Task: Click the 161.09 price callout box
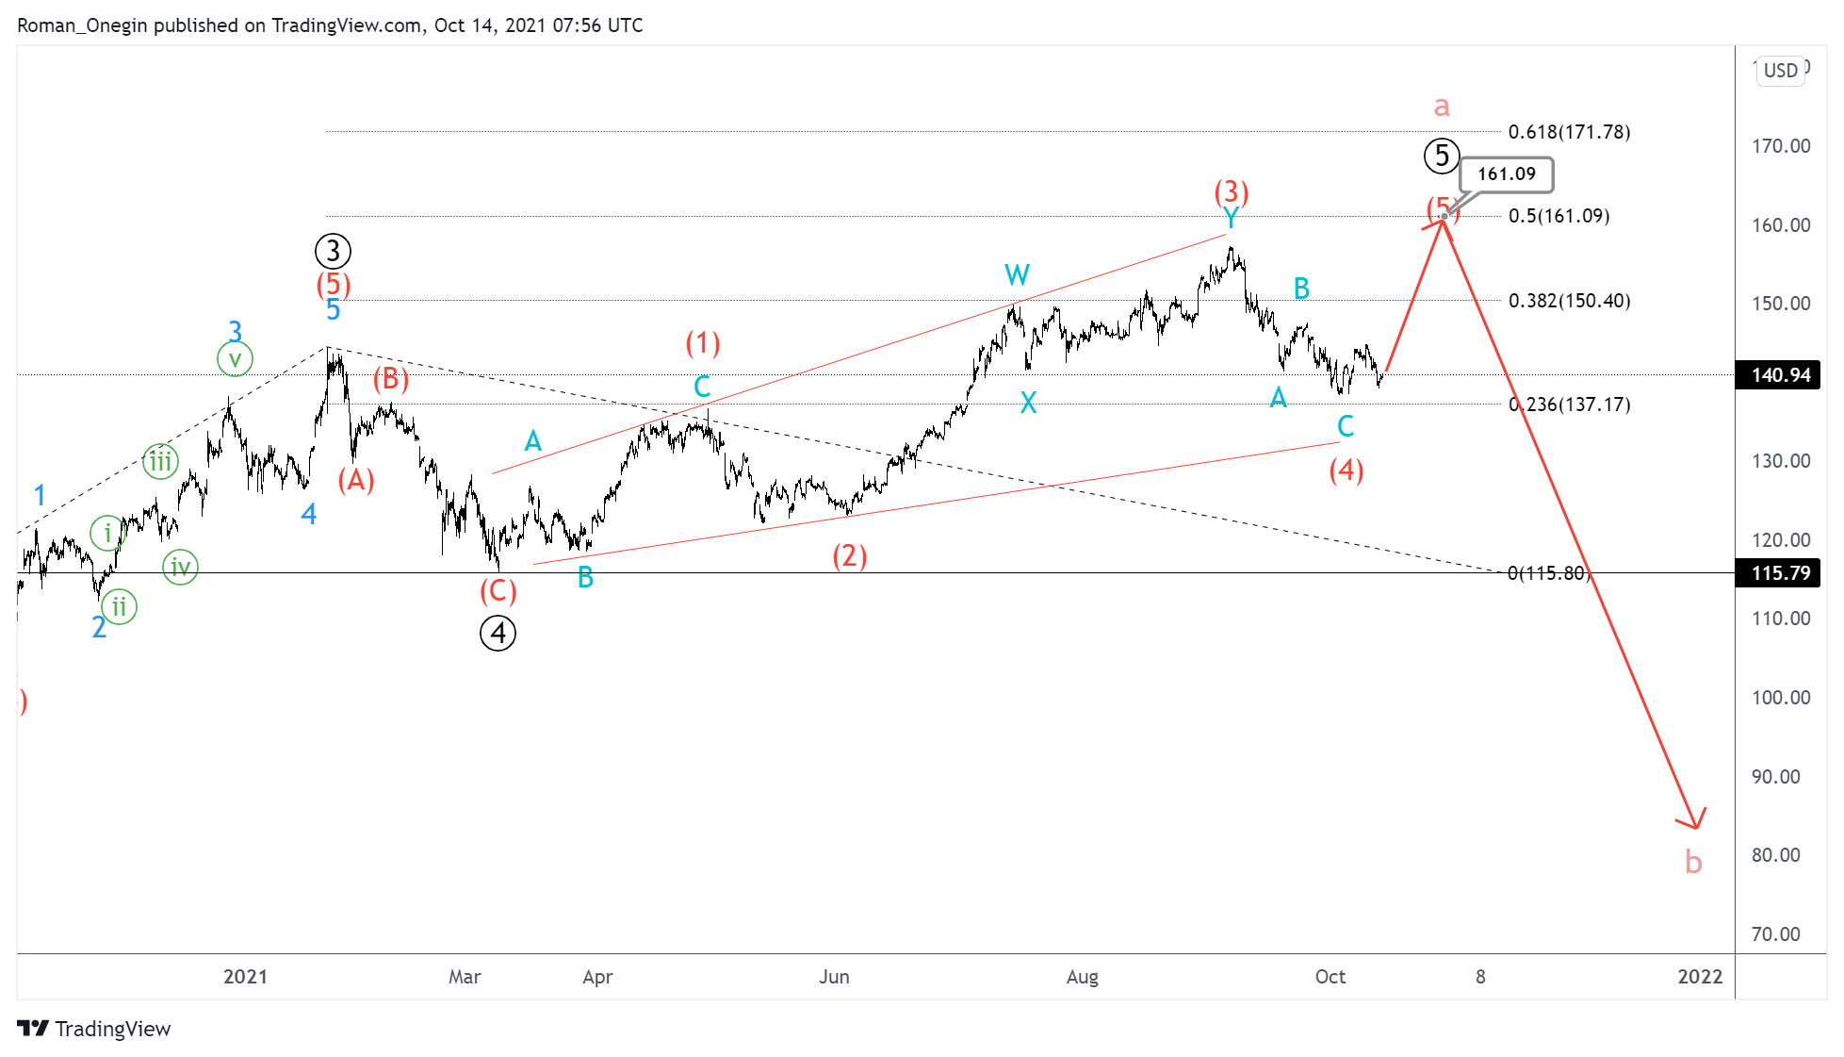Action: pos(1506,174)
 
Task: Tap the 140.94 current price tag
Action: pos(1780,375)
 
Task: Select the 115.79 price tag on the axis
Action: pos(1780,573)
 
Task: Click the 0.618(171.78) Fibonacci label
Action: pos(1569,132)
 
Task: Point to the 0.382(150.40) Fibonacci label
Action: pos(1569,301)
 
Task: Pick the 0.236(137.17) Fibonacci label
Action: pos(1569,405)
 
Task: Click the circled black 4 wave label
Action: pos(498,633)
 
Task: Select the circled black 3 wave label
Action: pos(333,252)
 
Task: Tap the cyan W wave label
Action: pos(1017,275)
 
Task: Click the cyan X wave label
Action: pos(1028,404)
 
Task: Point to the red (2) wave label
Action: pos(849,555)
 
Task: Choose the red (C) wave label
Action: pos(498,591)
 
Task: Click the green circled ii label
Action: pos(120,606)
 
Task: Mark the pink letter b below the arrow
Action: pos(1693,862)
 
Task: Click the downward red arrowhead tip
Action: pos(1696,828)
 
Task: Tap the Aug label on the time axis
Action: pos(1082,977)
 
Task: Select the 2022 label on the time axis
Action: pos(1700,977)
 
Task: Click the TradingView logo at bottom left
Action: pos(94,1029)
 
